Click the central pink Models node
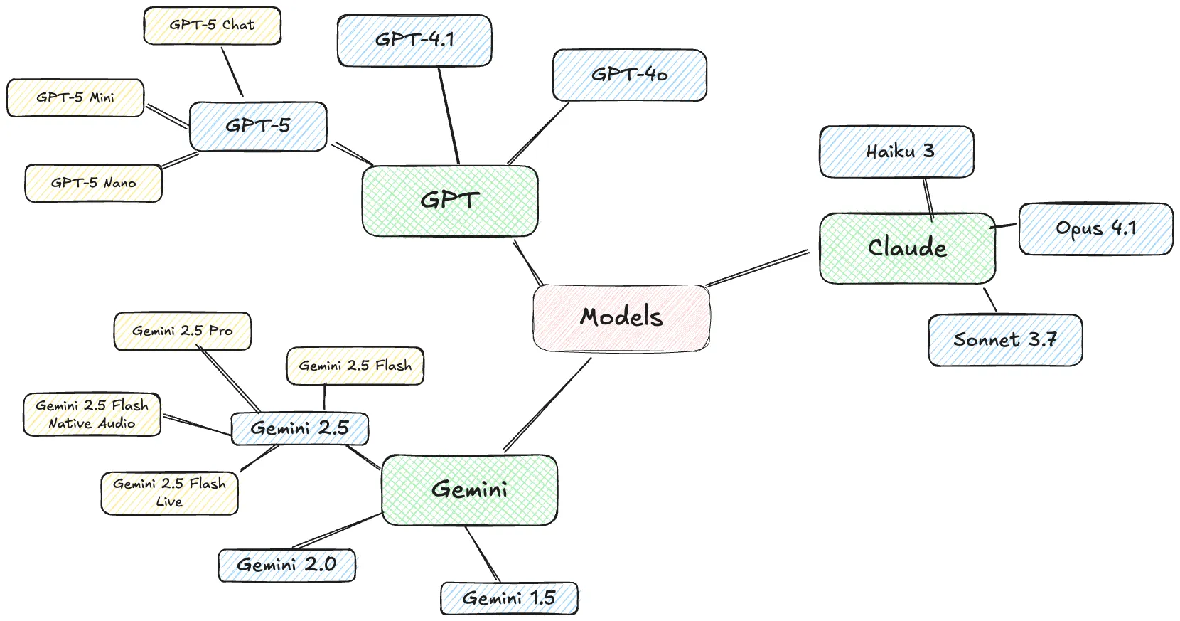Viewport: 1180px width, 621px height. [x=621, y=317]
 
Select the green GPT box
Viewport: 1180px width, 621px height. [x=449, y=201]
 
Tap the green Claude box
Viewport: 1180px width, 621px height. [x=907, y=248]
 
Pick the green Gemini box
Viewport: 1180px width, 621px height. [x=469, y=489]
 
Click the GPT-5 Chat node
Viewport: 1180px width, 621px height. [x=212, y=26]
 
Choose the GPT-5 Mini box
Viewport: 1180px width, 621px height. [x=75, y=97]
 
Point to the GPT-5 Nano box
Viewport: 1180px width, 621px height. [x=93, y=183]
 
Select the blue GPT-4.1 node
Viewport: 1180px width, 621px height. [x=414, y=41]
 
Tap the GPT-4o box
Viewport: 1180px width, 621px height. [x=629, y=75]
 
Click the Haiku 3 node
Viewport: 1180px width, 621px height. [x=896, y=152]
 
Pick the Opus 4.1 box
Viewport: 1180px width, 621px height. [x=1095, y=228]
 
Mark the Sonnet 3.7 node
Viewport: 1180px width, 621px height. [x=1004, y=340]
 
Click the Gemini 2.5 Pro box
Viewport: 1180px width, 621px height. [x=182, y=331]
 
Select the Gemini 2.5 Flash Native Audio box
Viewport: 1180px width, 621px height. [x=92, y=414]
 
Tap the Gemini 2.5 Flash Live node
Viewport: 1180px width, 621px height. [x=169, y=492]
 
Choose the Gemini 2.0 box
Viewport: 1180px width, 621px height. [x=286, y=565]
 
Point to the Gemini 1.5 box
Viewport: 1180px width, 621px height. [x=509, y=598]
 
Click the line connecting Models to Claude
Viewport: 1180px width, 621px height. [x=758, y=268]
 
